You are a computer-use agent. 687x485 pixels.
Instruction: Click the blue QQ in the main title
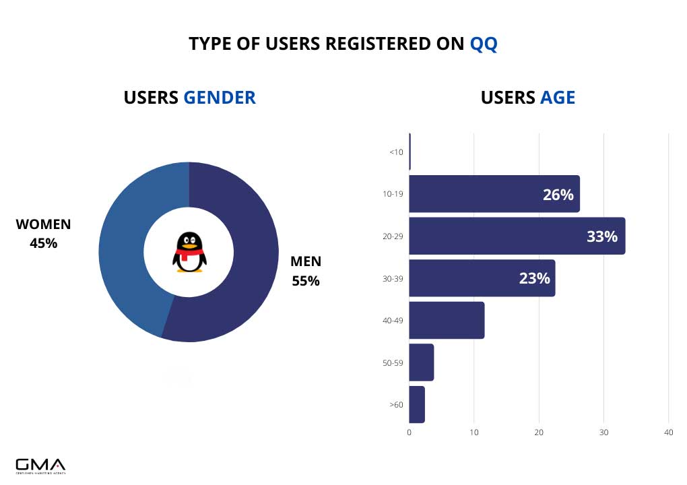(x=483, y=44)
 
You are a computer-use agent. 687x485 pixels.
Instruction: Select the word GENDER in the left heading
(x=220, y=97)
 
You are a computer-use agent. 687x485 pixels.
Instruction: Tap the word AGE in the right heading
(x=557, y=97)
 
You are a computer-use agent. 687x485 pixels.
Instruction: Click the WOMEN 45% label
(x=43, y=233)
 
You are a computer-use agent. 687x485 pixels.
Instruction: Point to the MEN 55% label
(x=306, y=271)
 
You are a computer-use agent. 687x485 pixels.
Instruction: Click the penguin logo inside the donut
(x=189, y=252)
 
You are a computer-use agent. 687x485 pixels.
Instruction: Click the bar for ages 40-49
(x=447, y=320)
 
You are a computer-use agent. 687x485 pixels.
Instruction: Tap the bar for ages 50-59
(x=421, y=362)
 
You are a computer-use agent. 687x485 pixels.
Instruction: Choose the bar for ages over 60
(x=417, y=404)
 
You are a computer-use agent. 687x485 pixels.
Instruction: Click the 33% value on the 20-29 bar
(x=601, y=236)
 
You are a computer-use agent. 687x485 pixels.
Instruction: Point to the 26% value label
(x=558, y=195)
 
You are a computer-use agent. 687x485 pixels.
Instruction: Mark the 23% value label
(x=534, y=278)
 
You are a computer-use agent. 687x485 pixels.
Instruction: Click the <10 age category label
(x=396, y=152)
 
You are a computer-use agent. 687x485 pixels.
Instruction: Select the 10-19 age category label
(x=393, y=194)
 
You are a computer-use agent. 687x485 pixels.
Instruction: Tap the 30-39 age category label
(x=393, y=278)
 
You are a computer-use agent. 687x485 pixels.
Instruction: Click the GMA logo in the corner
(x=40, y=465)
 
